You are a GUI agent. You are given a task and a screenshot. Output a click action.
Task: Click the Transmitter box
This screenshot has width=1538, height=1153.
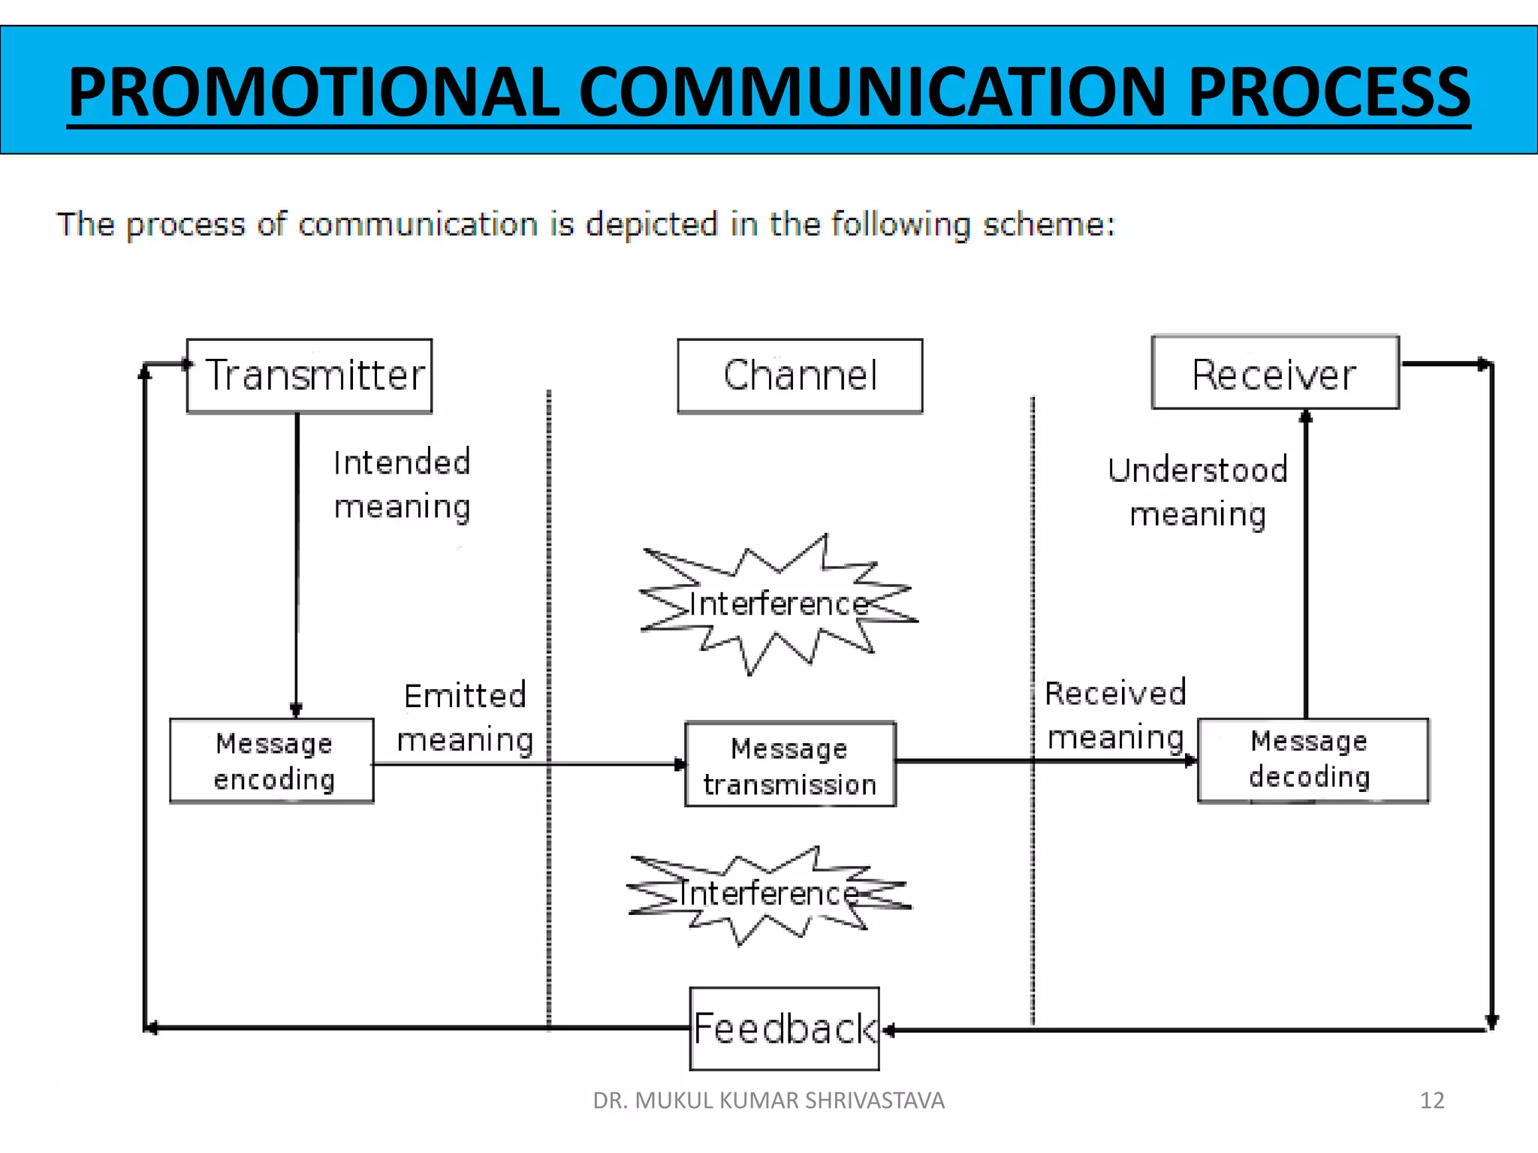pyautogui.click(x=309, y=375)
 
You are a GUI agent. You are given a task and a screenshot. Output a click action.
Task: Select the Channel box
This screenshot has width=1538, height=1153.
pyautogui.click(x=800, y=375)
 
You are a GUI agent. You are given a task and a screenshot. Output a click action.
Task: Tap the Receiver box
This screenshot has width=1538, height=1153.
pyautogui.click(x=1274, y=373)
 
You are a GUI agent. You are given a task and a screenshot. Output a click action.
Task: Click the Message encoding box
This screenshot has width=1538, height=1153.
pyautogui.click(x=272, y=761)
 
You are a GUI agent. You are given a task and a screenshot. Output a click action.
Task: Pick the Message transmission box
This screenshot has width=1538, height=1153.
pyautogui.click(x=790, y=765)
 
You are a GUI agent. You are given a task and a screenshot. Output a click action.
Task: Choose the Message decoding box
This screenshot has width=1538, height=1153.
pyautogui.click(x=1312, y=760)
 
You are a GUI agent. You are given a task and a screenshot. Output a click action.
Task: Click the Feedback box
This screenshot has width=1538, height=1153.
pyautogui.click(x=784, y=1028)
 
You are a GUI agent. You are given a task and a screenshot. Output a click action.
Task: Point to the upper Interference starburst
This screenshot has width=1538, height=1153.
pyautogui.click(x=779, y=604)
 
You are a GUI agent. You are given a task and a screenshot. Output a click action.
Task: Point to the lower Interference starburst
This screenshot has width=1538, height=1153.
pyautogui.click(x=768, y=893)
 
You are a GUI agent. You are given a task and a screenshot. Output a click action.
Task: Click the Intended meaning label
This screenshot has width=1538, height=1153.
pyautogui.click(x=402, y=485)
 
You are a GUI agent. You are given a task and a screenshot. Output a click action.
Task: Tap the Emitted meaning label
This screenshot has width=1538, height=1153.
pyautogui.click(x=465, y=718)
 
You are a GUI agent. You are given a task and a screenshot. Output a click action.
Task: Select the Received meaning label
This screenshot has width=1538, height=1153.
pyautogui.click(x=1116, y=715)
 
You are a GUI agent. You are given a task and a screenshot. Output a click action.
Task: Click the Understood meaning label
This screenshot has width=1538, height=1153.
pyautogui.click(x=1198, y=492)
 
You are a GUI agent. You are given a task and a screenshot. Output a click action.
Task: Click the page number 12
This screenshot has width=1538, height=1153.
pyautogui.click(x=1432, y=1100)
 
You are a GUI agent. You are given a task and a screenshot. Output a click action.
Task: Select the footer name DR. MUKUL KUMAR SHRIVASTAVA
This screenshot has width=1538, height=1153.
pyautogui.click(x=768, y=1100)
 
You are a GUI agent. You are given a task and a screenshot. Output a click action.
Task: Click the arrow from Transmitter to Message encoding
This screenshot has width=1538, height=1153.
pyautogui.click(x=297, y=563)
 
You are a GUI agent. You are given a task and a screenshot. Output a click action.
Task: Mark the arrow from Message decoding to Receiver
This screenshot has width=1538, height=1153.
pyautogui.click(x=1306, y=563)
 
